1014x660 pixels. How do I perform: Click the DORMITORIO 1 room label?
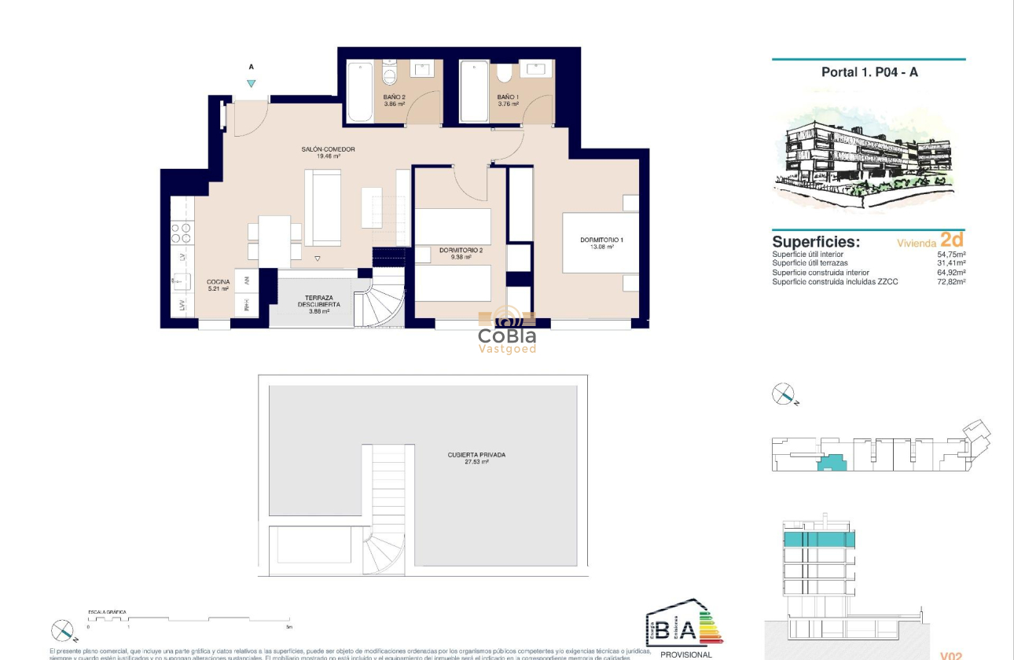click(601, 240)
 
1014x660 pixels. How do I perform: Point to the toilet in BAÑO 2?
click(389, 75)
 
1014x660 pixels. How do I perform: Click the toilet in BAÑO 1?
click(504, 73)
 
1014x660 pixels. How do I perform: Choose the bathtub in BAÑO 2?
click(360, 91)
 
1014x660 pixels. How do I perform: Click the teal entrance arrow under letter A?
click(251, 83)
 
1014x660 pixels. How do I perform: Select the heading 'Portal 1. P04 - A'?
click(869, 72)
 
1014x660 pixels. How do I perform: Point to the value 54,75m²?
click(951, 255)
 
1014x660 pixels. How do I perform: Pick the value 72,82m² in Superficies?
click(951, 281)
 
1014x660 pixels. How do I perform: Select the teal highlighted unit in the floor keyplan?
click(832, 462)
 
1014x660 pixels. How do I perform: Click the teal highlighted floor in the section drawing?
click(817, 540)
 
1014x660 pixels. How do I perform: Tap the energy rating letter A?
click(686, 630)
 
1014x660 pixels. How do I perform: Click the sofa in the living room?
click(322, 207)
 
